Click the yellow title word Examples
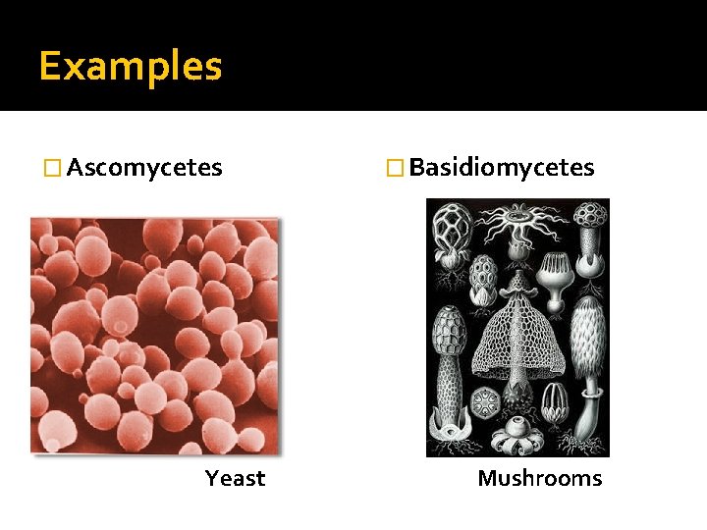131,68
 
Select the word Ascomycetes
144,168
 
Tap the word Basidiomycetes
501,168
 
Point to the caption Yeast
235,479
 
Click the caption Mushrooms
539,479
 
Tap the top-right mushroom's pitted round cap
589,213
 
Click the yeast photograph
154,334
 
